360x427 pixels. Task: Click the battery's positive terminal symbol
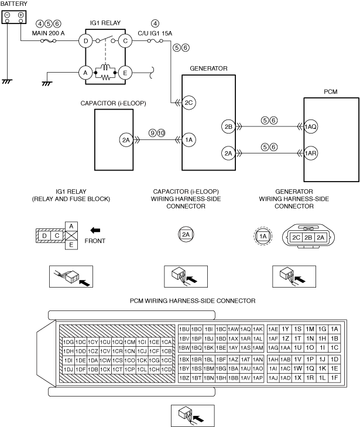20,15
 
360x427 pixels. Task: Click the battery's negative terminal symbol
8,15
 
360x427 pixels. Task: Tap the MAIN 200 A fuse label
48,33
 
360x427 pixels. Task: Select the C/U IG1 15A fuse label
155,33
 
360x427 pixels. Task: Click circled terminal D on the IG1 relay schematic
85,41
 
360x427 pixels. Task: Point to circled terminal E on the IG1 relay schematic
125,73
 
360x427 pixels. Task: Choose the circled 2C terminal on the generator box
188,103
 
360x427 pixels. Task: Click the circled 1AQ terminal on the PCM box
310,127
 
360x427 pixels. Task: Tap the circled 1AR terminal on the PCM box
310,153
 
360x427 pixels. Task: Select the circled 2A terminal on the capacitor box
126,140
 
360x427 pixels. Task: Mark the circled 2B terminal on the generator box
228,127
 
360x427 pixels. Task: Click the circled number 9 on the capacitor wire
153,133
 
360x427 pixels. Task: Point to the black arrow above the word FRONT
95,230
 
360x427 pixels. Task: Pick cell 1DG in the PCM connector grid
68,342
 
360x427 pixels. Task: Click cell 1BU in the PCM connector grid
184,329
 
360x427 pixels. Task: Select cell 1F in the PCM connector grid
334,378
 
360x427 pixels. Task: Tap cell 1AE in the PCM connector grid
273,329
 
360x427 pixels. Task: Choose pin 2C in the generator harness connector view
296,237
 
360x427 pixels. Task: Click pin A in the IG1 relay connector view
71,226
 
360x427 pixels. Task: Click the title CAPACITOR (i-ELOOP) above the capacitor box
113,104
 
